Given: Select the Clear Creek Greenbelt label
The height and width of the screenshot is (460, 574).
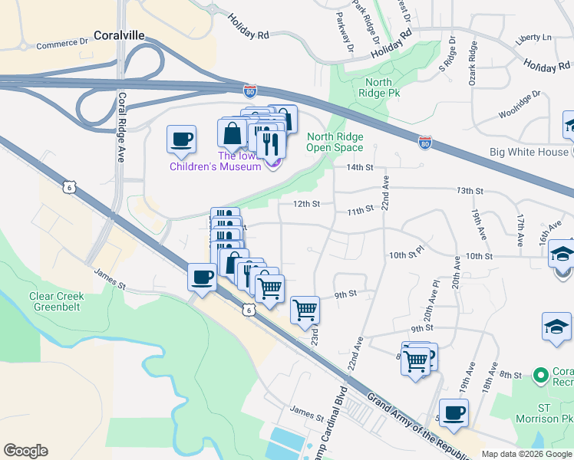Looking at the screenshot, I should click(x=61, y=301).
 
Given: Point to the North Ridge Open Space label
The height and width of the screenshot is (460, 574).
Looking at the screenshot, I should click(x=335, y=143).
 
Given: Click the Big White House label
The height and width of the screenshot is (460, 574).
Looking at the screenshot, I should click(x=529, y=152).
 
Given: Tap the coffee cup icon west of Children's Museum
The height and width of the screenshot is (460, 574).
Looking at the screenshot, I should click(x=181, y=140).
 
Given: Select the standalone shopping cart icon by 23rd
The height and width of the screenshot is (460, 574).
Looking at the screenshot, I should click(x=305, y=310).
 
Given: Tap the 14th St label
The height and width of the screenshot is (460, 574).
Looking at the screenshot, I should click(x=359, y=167).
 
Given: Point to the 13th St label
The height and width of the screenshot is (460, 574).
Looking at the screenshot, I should click(x=470, y=190).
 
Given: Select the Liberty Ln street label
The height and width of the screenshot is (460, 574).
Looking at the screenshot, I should click(x=534, y=37).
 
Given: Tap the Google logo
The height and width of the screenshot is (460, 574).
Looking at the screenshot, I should click(x=25, y=451).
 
